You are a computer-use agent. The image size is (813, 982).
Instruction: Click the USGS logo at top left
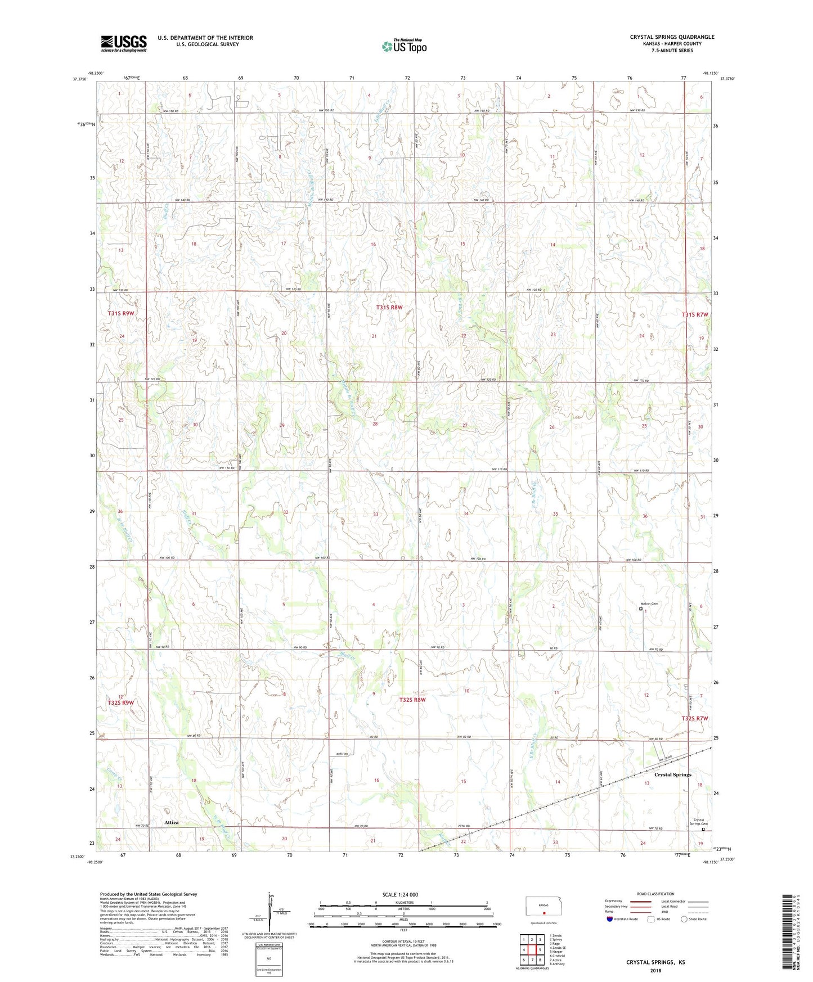click(124, 43)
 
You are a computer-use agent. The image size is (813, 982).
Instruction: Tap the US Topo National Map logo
click(404, 46)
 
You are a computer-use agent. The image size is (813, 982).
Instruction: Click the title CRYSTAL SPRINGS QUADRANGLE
click(672, 37)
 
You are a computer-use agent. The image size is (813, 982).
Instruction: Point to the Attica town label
click(172, 822)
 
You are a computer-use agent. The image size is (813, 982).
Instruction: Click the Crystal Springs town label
click(673, 774)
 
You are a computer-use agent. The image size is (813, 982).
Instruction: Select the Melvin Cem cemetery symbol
click(641, 608)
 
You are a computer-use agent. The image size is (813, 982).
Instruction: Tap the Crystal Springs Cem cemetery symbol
click(703, 828)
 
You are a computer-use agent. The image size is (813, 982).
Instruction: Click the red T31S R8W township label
click(389, 308)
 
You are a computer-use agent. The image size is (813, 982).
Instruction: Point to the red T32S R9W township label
click(121, 702)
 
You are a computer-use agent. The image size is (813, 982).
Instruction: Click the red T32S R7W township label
click(695, 718)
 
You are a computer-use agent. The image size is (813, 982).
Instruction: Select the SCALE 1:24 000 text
click(400, 894)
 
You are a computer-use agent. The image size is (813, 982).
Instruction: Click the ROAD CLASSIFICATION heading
click(656, 894)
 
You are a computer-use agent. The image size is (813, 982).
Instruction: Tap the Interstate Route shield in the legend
click(610, 920)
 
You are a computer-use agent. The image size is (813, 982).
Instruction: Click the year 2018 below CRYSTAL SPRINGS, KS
click(655, 970)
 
